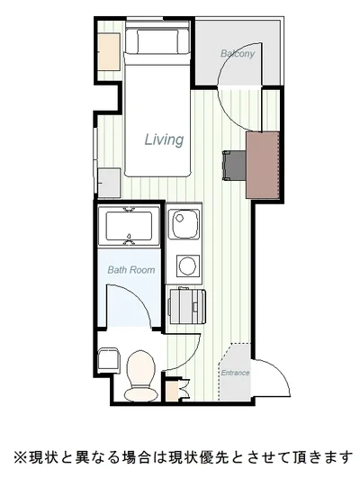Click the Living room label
tap(164, 140)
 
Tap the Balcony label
tap(238, 53)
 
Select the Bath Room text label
tap(131, 269)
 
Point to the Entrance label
tap(235, 373)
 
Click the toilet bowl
tap(141, 376)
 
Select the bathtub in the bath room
tap(129, 225)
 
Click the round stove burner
tap(187, 266)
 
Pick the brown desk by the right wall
tap(263, 165)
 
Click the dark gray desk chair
tap(235, 166)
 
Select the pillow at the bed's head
tap(157, 41)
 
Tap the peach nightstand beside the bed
tap(109, 52)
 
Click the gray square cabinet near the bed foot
tap(109, 183)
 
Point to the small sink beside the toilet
tap(108, 361)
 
